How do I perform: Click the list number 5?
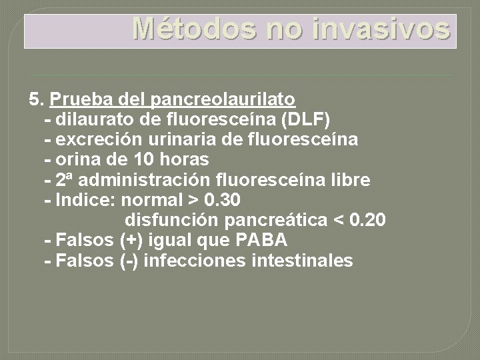pyautogui.click(x=36, y=100)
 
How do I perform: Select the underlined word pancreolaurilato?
pyautogui.click(x=224, y=100)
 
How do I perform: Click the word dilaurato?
pyautogui.click(x=91, y=120)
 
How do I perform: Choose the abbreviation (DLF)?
pyautogui.click(x=305, y=120)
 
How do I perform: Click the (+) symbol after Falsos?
pyautogui.click(x=130, y=240)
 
